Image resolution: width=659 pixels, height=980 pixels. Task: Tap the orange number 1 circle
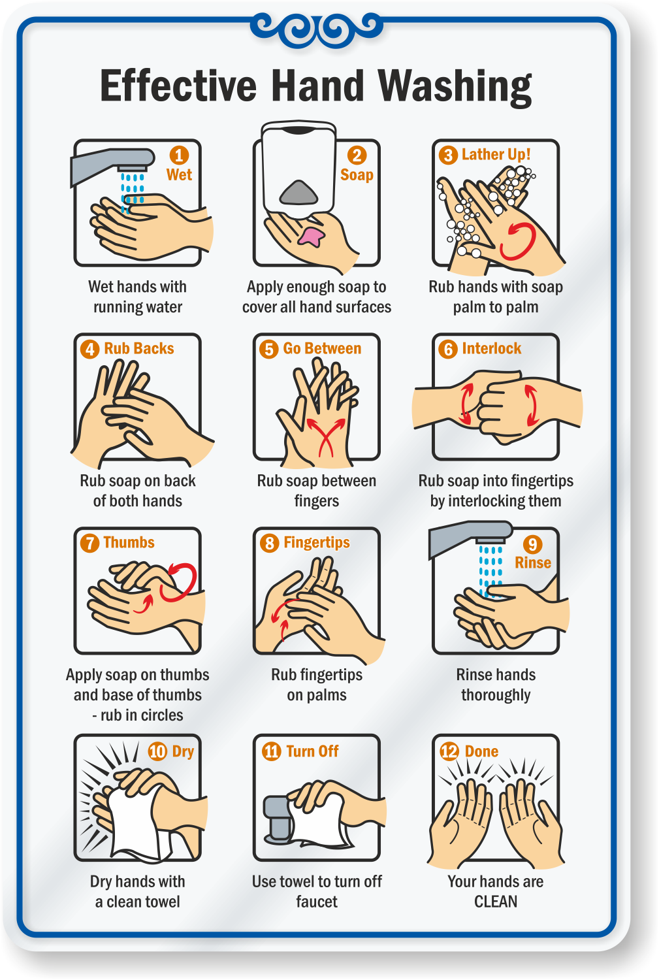point(179,155)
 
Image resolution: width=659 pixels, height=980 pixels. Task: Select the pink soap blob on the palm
point(311,237)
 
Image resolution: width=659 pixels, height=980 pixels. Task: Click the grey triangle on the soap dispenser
point(298,193)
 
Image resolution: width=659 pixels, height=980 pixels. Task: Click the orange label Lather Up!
point(496,154)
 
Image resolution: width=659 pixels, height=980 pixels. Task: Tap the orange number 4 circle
point(89,349)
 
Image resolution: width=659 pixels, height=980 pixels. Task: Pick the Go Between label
point(322,348)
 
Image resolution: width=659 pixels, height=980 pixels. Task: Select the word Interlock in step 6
point(492,348)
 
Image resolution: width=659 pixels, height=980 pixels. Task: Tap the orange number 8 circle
point(269,543)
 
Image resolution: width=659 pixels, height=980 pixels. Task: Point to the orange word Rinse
point(533,563)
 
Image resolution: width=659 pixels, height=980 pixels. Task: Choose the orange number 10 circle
point(157,751)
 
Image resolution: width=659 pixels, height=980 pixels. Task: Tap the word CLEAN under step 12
point(496,901)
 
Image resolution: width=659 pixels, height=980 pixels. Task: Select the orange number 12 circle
point(449,751)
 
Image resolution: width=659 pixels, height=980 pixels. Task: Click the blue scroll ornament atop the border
point(317,29)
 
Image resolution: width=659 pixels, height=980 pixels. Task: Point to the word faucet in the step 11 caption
point(317,901)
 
